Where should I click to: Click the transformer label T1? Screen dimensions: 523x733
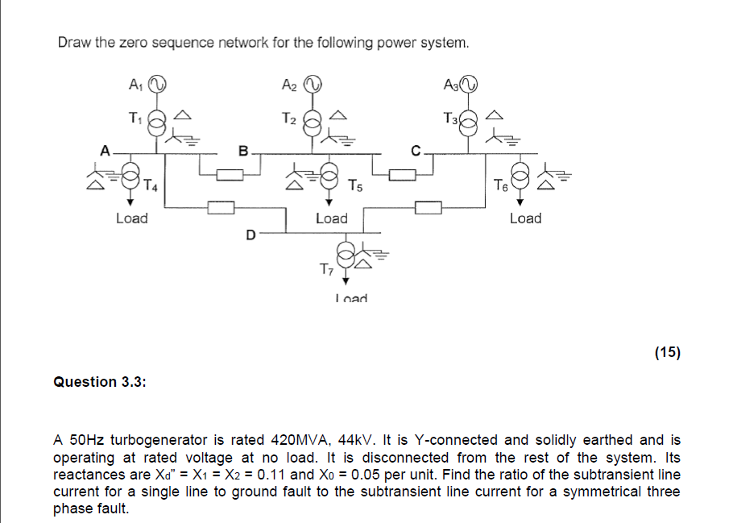click(135, 118)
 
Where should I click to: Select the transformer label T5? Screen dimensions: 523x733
click(356, 187)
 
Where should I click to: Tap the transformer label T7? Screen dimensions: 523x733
click(325, 268)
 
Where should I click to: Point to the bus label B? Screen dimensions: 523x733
click(243, 149)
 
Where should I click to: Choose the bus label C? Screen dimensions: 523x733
click(416, 149)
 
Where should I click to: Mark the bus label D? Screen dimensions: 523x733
click(251, 235)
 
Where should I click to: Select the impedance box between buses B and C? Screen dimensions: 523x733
click(402, 173)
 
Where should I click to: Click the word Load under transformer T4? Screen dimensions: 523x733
click(132, 218)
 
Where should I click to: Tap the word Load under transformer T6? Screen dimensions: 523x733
click(525, 218)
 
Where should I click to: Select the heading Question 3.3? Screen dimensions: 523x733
click(99, 382)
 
